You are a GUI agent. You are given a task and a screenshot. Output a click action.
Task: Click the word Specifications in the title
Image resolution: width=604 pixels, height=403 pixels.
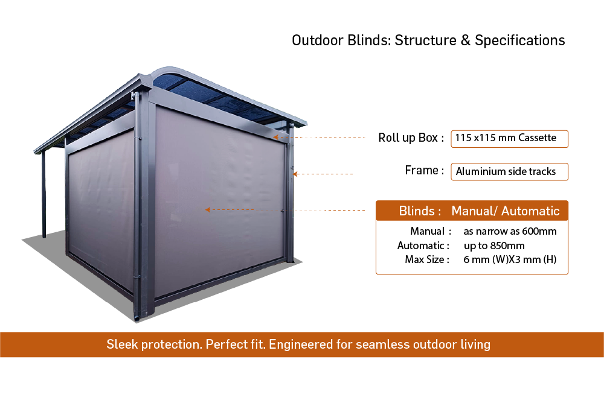(519, 40)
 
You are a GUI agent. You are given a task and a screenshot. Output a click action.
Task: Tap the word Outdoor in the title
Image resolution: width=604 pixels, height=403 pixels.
(318, 40)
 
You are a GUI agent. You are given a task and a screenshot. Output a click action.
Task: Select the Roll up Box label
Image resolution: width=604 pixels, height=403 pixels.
(411, 138)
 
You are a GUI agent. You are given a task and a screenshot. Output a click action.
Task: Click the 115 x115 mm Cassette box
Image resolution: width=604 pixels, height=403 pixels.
(509, 139)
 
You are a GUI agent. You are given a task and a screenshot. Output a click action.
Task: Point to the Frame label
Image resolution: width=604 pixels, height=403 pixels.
(424, 170)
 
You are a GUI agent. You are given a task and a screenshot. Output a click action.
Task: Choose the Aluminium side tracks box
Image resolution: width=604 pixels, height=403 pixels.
(509, 172)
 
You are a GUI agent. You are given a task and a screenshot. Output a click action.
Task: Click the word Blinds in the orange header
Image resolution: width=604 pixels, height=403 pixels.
(417, 211)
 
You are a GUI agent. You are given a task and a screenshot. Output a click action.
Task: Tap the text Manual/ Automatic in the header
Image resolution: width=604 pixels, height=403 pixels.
(506, 211)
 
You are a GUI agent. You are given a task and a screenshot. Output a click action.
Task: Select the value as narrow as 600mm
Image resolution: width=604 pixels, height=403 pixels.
(510, 231)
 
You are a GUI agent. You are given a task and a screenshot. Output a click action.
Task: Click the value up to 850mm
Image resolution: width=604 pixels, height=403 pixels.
(494, 246)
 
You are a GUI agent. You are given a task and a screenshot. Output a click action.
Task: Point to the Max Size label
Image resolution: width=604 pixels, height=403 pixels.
(427, 260)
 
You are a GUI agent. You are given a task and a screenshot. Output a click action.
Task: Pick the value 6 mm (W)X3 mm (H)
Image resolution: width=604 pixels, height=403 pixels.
(510, 260)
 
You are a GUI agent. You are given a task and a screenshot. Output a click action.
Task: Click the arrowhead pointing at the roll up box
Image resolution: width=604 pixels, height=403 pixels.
(275, 137)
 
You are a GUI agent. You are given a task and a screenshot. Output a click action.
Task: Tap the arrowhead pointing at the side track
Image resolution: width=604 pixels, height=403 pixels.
(295, 174)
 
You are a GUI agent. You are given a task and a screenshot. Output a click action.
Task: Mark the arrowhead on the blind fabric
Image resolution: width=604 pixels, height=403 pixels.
(208, 210)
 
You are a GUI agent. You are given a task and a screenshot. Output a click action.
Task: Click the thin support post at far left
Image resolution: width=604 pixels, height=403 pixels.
(43, 194)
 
